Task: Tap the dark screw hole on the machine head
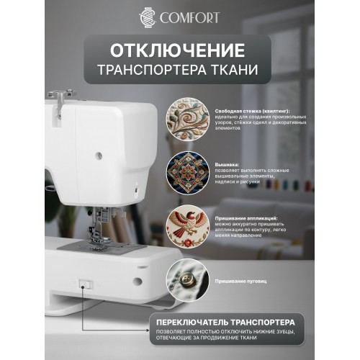[x=99, y=154]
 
